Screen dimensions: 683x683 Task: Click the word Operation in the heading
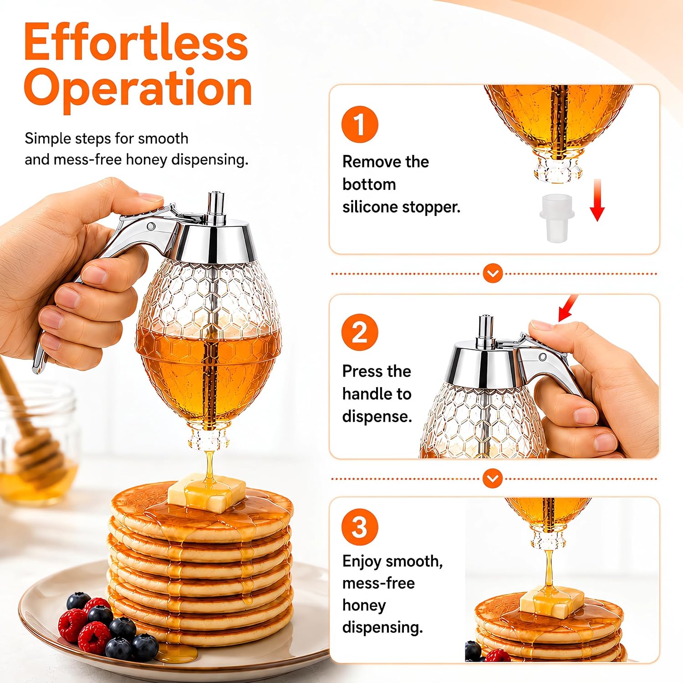(x=138, y=89)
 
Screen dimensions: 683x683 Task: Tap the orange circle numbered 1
(x=360, y=124)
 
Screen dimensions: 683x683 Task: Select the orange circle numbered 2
(x=360, y=332)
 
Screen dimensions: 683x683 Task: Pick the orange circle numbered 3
(x=360, y=527)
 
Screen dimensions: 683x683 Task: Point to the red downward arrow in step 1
(x=597, y=200)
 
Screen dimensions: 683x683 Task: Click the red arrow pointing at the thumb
(x=568, y=308)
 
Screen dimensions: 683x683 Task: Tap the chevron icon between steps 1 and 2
(x=493, y=274)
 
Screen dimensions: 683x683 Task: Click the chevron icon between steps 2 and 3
(x=493, y=479)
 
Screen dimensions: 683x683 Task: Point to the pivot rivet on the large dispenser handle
(x=151, y=226)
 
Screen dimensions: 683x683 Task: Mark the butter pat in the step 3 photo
(x=552, y=602)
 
